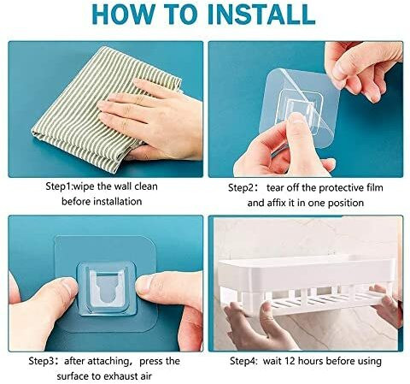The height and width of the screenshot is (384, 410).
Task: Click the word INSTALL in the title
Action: click(261, 14)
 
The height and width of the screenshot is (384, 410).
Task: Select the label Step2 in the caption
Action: click(241, 188)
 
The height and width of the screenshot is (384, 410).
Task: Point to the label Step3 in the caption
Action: click(42, 361)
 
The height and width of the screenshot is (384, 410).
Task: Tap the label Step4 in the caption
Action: click(243, 361)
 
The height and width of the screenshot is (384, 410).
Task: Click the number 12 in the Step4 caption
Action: click(290, 361)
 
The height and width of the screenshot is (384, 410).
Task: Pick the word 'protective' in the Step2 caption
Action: click(337, 188)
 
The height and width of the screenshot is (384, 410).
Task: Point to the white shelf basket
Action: click(308, 285)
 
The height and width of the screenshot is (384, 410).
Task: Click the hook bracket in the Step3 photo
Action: click(107, 288)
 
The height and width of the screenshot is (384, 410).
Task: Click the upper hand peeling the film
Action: click(361, 70)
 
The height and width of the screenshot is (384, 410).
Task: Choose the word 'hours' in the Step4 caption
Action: click(311, 361)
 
